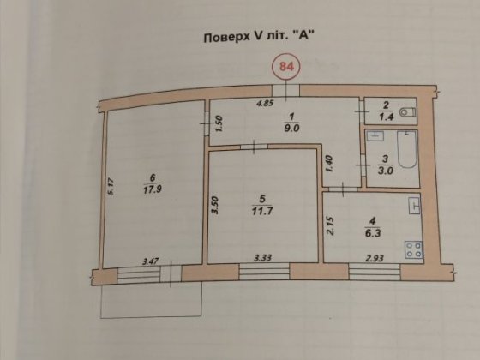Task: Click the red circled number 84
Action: point(286,65)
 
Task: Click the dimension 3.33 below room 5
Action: point(263,257)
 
